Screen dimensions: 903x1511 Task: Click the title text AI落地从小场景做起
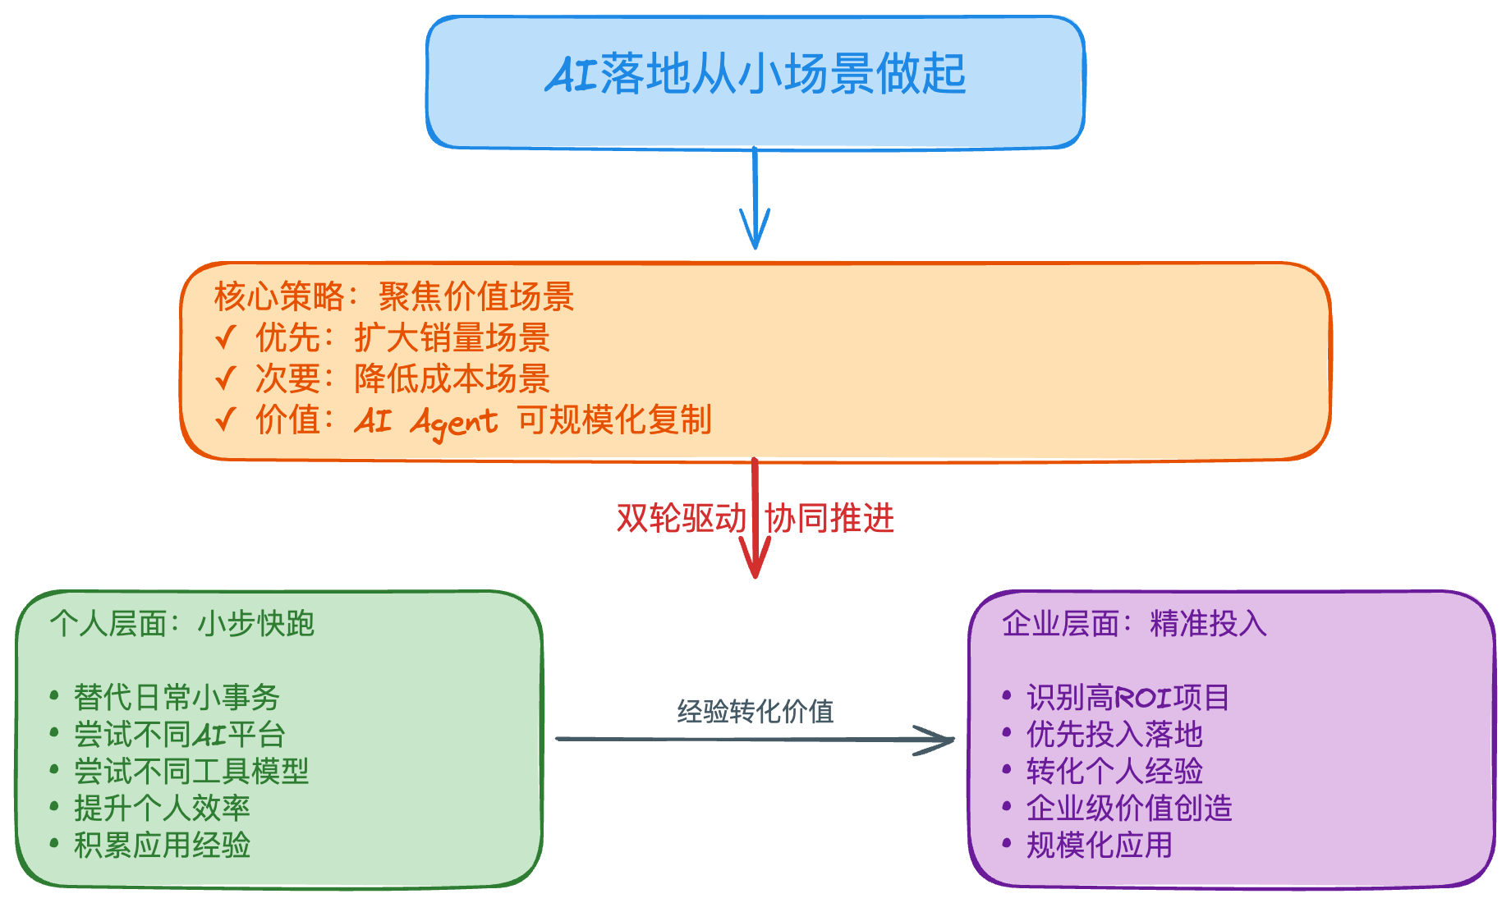pyautogui.click(x=755, y=74)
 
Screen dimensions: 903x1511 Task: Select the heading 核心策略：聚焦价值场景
pyautogui.click(x=393, y=296)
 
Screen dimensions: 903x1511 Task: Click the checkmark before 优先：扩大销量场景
pyautogui.click(x=226, y=337)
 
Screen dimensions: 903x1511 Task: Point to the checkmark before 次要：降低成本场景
pyautogui.click(x=226, y=378)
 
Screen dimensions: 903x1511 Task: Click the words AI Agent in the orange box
pyautogui.click(x=426, y=421)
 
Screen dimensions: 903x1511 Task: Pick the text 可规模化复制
pyautogui.click(x=614, y=419)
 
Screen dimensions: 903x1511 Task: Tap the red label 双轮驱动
pyautogui.click(x=681, y=519)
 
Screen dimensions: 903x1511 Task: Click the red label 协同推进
pyautogui.click(x=829, y=519)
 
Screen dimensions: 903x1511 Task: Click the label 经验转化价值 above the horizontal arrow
pyautogui.click(x=755, y=711)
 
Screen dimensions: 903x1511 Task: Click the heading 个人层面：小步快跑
pyautogui.click(x=181, y=624)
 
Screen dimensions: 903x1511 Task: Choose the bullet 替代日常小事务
pyautogui.click(x=177, y=698)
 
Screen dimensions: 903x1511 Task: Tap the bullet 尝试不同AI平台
pyautogui.click(x=179, y=735)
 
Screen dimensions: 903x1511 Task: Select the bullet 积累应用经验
pyautogui.click(x=162, y=845)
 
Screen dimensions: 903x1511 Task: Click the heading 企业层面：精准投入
pyautogui.click(x=1134, y=624)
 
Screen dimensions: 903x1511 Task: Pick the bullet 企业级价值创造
pyautogui.click(x=1129, y=809)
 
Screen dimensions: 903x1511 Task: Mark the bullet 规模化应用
pyautogui.click(x=1099, y=846)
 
